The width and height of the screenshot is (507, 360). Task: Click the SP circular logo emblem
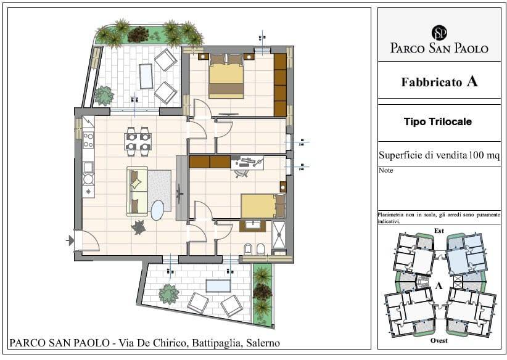tap(439, 33)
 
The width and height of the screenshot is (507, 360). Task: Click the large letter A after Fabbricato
tap(472, 81)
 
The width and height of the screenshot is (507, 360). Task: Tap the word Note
tap(385, 170)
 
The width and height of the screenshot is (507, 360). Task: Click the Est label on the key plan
tap(439, 231)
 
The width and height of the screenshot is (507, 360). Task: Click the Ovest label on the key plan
tap(439, 340)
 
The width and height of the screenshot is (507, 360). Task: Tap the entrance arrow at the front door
tap(70, 240)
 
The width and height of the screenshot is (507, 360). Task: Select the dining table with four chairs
tap(138, 142)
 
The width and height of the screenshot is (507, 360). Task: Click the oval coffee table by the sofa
tap(157, 210)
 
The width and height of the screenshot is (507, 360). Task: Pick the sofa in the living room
tap(137, 191)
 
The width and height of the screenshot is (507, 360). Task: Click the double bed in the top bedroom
tap(226, 76)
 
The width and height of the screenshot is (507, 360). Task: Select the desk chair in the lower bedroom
tap(242, 172)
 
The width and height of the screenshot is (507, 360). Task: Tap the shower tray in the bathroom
tap(279, 235)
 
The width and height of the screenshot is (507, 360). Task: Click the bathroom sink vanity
tap(252, 226)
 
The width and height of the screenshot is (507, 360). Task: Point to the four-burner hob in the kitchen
tap(88, 141)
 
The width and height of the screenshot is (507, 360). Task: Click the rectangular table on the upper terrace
tap(146, 76)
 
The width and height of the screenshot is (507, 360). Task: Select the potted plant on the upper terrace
tap(104, 96)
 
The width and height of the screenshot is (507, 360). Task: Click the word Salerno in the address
tap(263, 343)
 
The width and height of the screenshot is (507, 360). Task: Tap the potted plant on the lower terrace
tap(168, 294)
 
